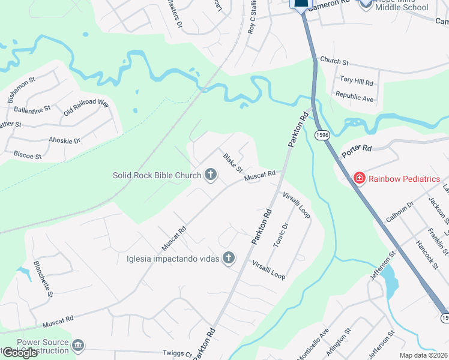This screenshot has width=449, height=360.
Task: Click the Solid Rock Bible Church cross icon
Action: (210, 175)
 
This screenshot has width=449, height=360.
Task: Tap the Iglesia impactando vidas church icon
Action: (228, 258)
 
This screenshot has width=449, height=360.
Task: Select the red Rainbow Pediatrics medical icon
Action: (359, 178)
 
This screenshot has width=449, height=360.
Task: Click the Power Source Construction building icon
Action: (77, 346)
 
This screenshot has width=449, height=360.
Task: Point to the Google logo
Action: (20, 353)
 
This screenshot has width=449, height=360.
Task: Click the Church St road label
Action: (334, 61)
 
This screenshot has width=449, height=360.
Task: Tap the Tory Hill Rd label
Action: (357, 81)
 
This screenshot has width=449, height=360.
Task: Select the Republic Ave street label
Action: (354, 96)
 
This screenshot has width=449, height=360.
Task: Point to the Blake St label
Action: (232, 162)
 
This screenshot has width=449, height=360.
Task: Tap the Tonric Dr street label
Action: (281, 235)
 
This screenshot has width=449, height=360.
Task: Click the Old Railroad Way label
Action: (86, 106)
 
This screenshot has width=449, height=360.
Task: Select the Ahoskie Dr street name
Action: (64, 140)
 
